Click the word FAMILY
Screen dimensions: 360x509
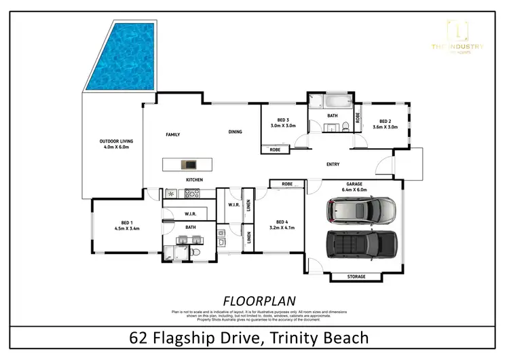(173, 134)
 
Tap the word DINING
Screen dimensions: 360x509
(235, 132)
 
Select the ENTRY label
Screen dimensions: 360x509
(333, 164)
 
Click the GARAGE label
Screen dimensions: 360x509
(356, 184)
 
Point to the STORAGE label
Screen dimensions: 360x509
(356, 276)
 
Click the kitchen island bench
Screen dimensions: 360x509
(186, 164)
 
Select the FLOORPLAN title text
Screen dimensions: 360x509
(254, 300)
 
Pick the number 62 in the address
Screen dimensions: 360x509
(138, 337)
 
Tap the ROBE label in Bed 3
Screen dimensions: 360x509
(276, 149)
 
